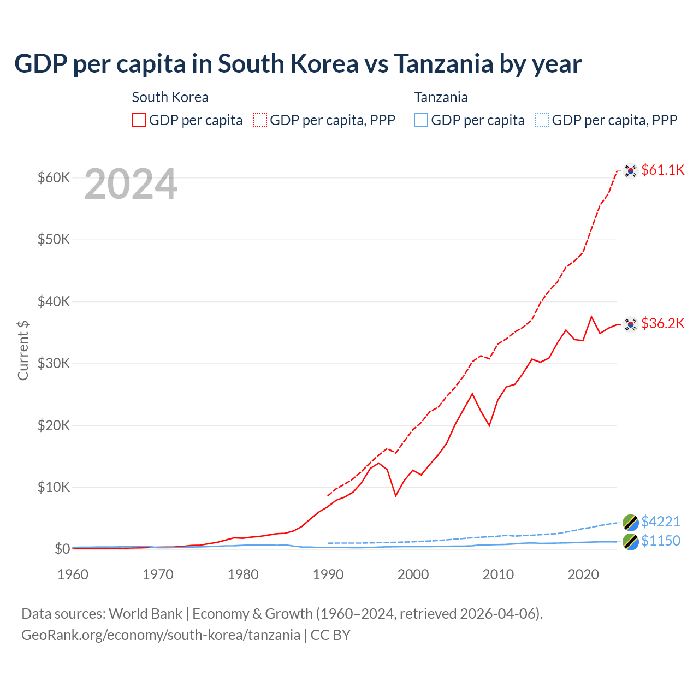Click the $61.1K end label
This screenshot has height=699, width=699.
click(662, 170)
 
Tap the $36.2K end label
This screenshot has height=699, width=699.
click(662, 323)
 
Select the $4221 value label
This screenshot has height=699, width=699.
click(660, 522)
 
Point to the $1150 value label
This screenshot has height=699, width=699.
click(660, 541)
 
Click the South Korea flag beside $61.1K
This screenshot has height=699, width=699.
click(631, 171)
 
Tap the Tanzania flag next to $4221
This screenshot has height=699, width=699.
click(631, 523)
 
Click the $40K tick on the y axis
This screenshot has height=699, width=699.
click(54, 301)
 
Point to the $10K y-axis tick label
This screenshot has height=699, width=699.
click(54, 487)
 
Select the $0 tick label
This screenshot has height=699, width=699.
click(62, 549)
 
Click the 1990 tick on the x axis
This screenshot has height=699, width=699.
click(328, 574)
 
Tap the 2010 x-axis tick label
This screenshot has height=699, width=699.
click(498, 574)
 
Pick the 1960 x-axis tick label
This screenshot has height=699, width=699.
click(73, 574)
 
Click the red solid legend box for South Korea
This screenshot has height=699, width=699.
click(139, 120)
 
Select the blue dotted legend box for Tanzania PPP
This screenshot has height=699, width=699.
click(542, 120)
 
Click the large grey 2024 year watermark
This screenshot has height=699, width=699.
click(131, 185)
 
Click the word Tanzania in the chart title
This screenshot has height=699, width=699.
click(443, 64)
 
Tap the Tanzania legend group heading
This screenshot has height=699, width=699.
click(441, 97)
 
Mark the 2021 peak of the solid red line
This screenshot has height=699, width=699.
click(591, 317)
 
